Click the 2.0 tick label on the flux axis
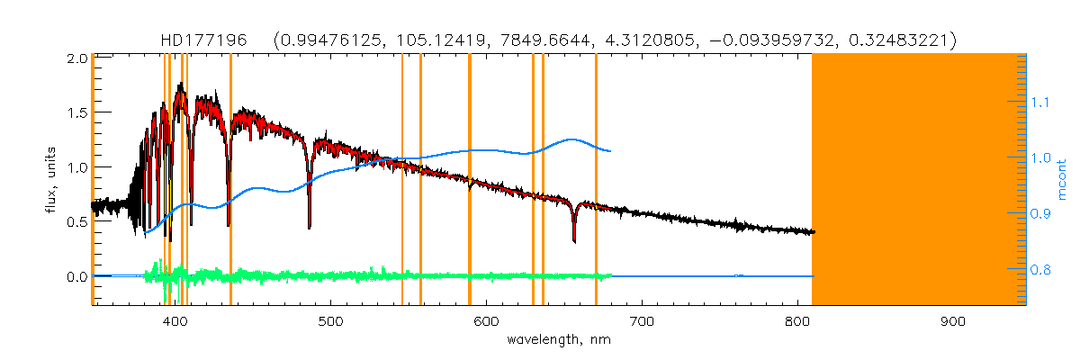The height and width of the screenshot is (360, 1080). click(76, 58)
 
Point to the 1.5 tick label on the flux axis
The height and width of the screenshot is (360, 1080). click(76, 112)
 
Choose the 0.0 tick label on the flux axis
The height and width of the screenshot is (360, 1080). click(76, 276)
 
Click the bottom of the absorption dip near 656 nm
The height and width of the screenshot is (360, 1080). click(574, 241)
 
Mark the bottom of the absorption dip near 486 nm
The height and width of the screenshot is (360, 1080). click(310, 228)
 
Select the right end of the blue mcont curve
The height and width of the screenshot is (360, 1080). click(611, 151)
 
